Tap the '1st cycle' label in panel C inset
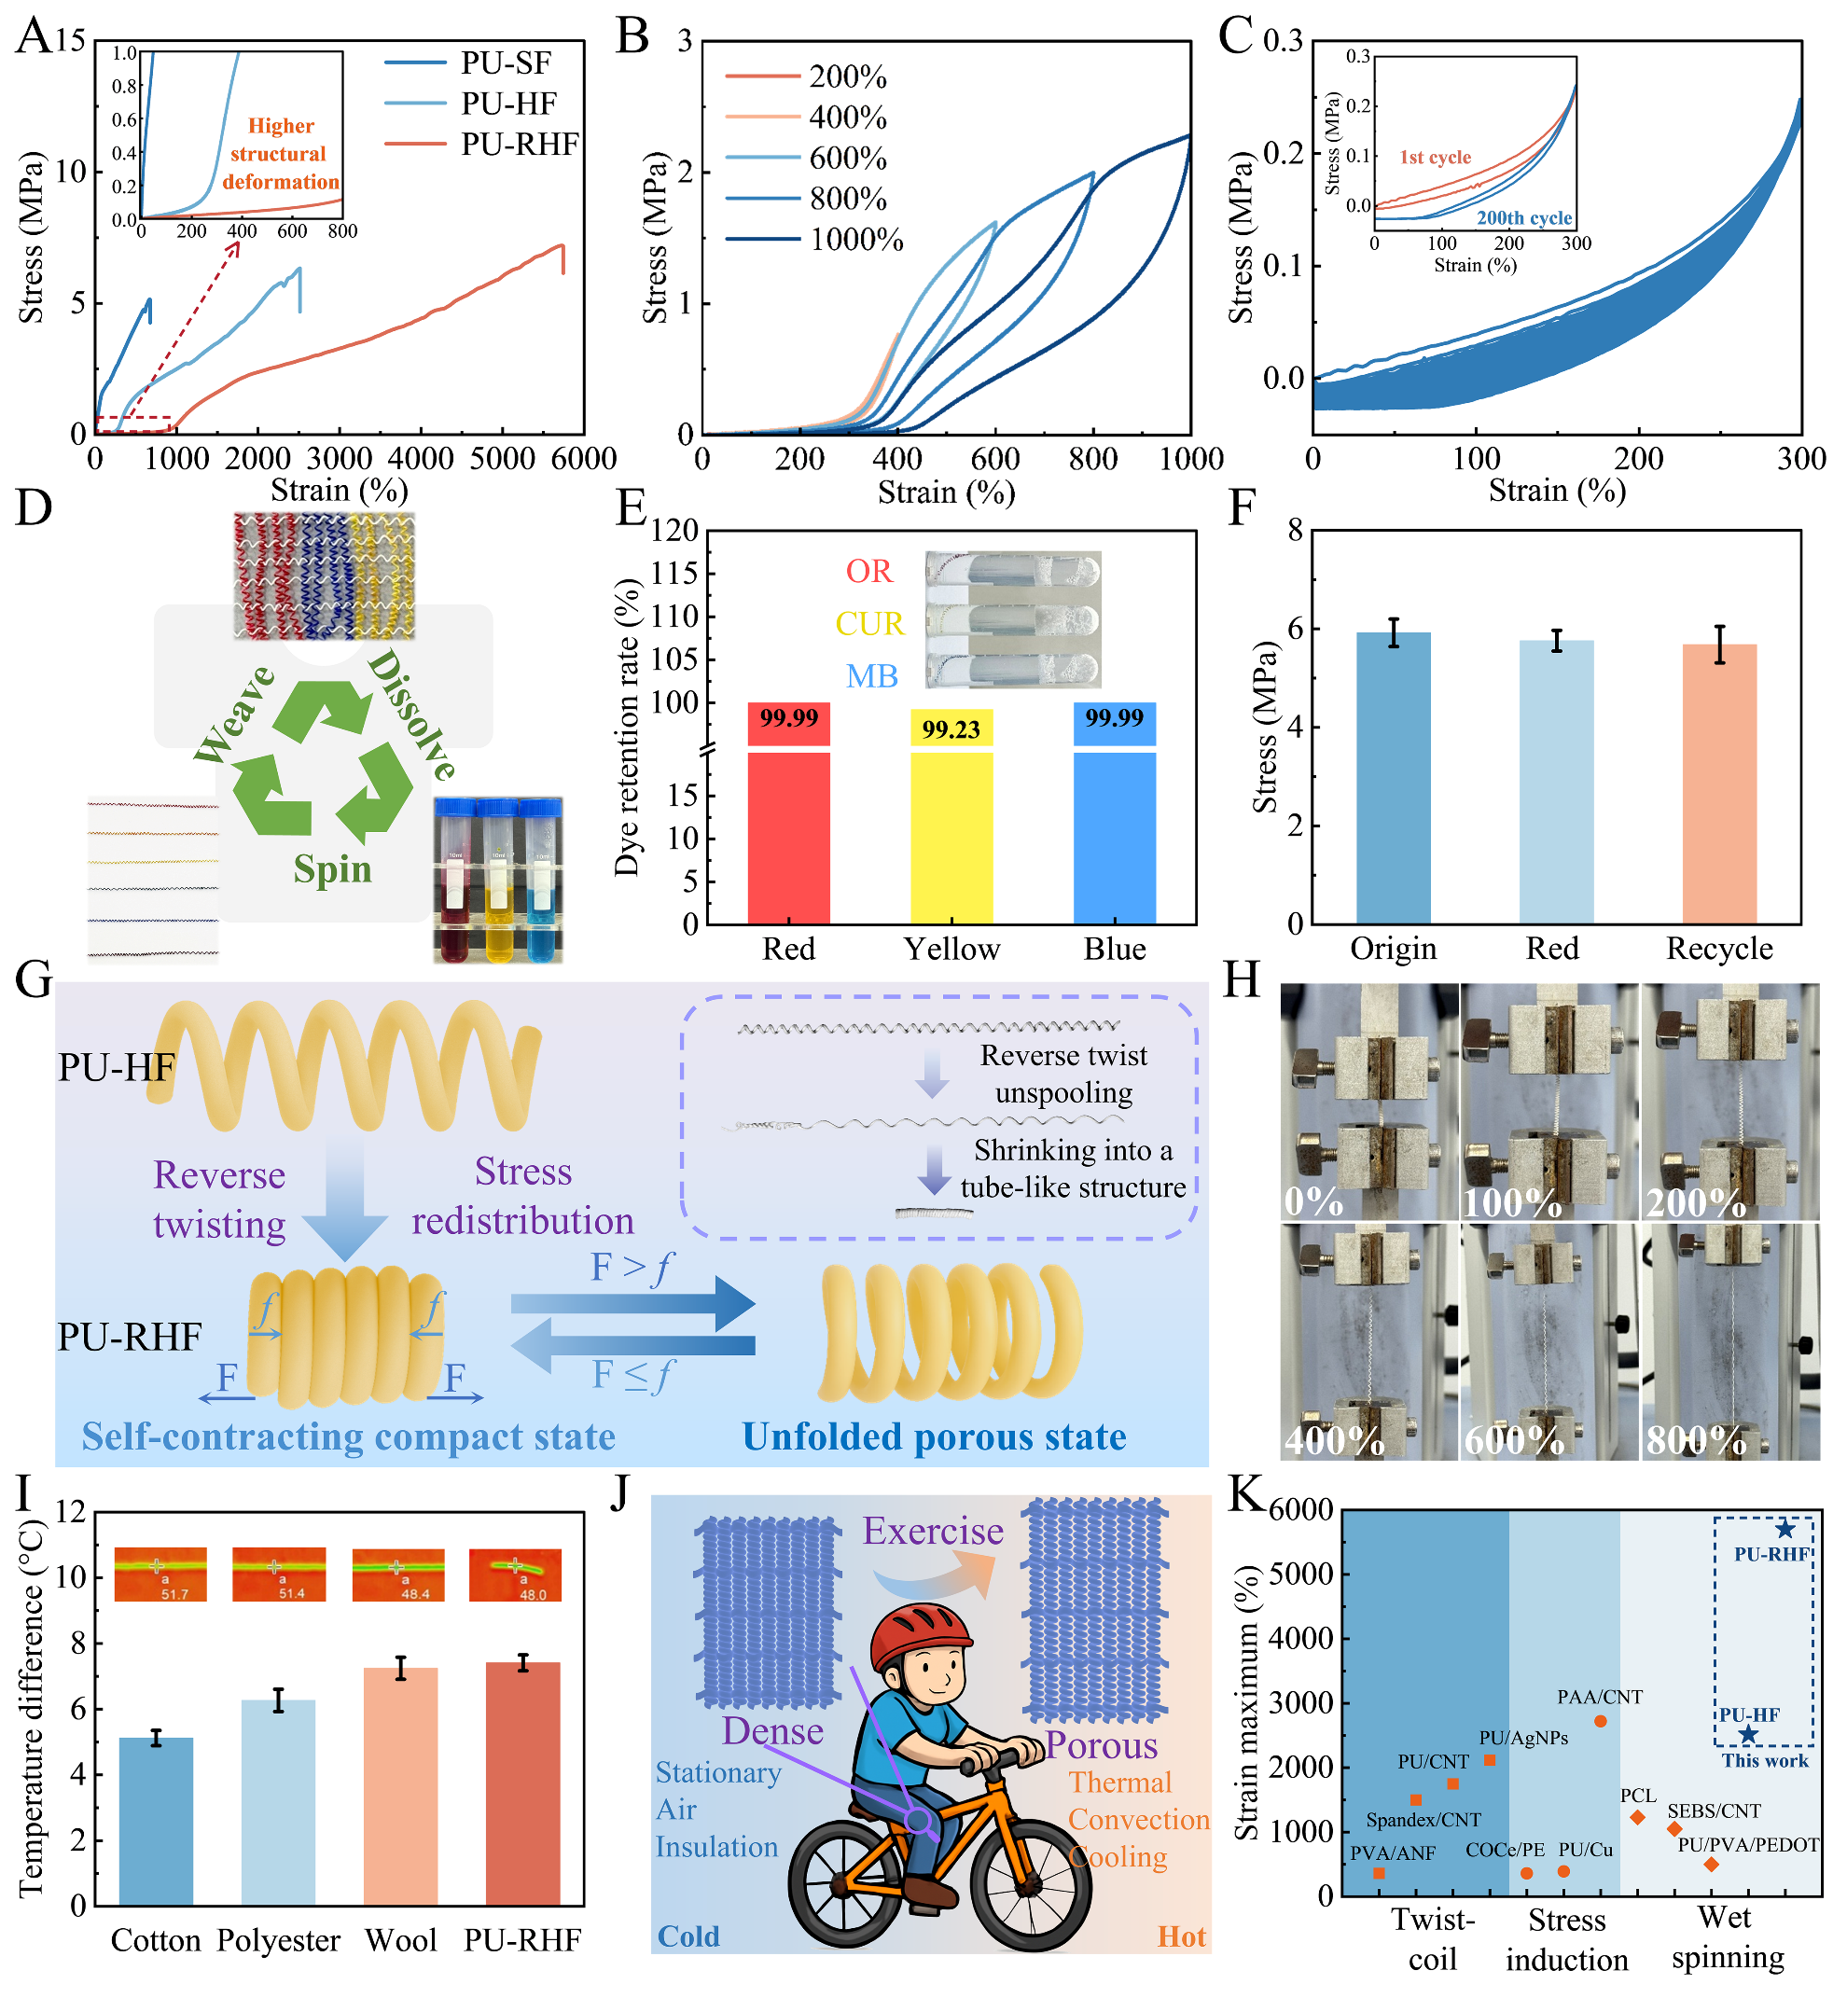tap(1436, 157)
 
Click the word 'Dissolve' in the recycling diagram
tap(411, 715)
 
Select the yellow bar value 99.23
tap(951, 729)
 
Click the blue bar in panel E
tap(1115, 829)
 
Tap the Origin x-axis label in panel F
tap(1394, 949)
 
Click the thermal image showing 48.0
tap(515, 1575)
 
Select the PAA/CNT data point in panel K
tap(1600, 1721)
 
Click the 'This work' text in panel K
tap(1764, 1761)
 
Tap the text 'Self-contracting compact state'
tap(348, 1436)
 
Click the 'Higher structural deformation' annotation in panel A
tap(280, 154)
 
